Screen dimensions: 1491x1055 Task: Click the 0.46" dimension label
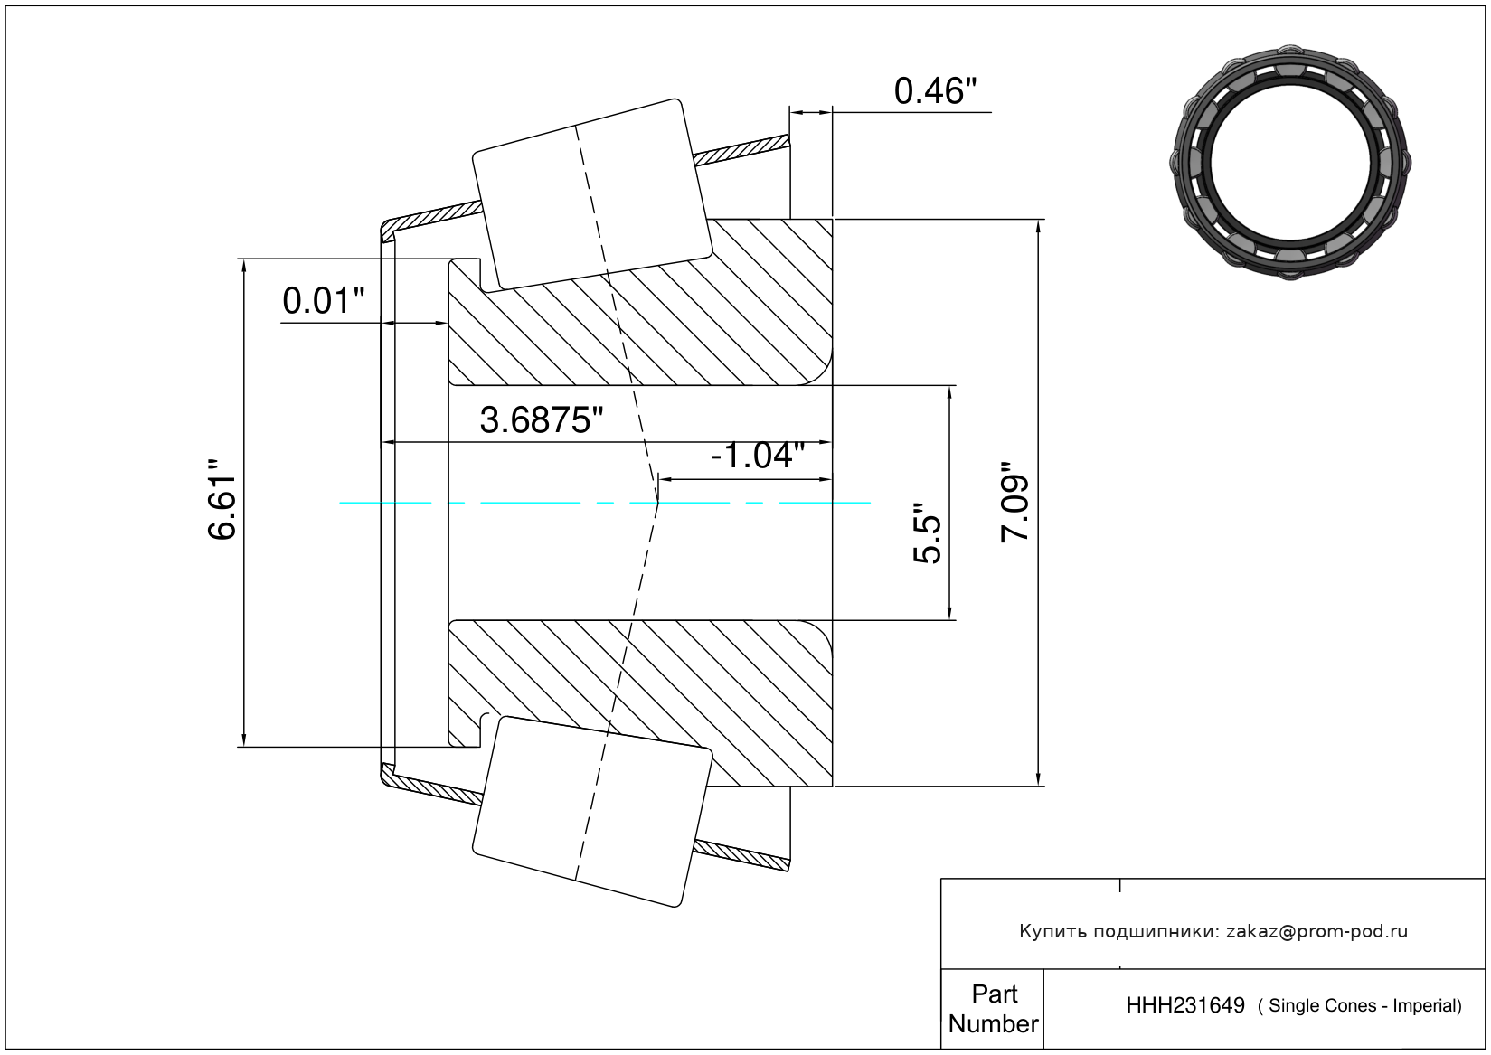tap(935, 91)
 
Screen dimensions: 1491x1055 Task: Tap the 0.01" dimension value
tap(324, 301)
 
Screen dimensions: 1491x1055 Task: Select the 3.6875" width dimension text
tap(541, 420)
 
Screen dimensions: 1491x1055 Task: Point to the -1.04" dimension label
tap(758, 456)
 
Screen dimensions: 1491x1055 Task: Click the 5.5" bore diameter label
tap(927, 532)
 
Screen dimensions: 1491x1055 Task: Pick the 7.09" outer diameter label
tap(1015, 503)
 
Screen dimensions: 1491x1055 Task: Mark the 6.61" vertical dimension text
tap(222, 499)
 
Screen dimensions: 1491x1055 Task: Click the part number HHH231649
tap(1184, 1005)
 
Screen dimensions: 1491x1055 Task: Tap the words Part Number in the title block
tap(994, 1009)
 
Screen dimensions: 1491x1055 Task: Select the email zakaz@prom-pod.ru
tap(1316, 931)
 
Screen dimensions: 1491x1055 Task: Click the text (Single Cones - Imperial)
tap(1359, 1006)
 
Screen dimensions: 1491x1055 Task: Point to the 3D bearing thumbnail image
tap(1290, 163)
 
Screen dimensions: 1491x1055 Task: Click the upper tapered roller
tap(592, 195)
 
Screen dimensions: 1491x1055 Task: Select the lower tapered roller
tap(592, 812)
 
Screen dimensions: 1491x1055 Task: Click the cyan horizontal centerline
tap(605, 503)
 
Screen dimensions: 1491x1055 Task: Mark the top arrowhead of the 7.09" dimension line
tap(1038, 226)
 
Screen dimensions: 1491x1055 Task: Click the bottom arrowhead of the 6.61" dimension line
tap(244, 739)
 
